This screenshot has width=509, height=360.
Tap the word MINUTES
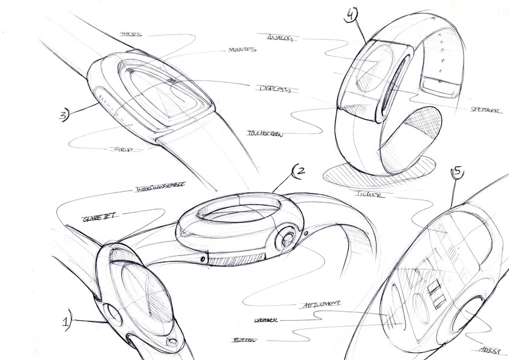pos(241,50)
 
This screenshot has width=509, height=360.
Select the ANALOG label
pos(280,38)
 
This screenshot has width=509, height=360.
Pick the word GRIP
pos(125,148)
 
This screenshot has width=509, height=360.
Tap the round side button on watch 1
pos(113,314)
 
